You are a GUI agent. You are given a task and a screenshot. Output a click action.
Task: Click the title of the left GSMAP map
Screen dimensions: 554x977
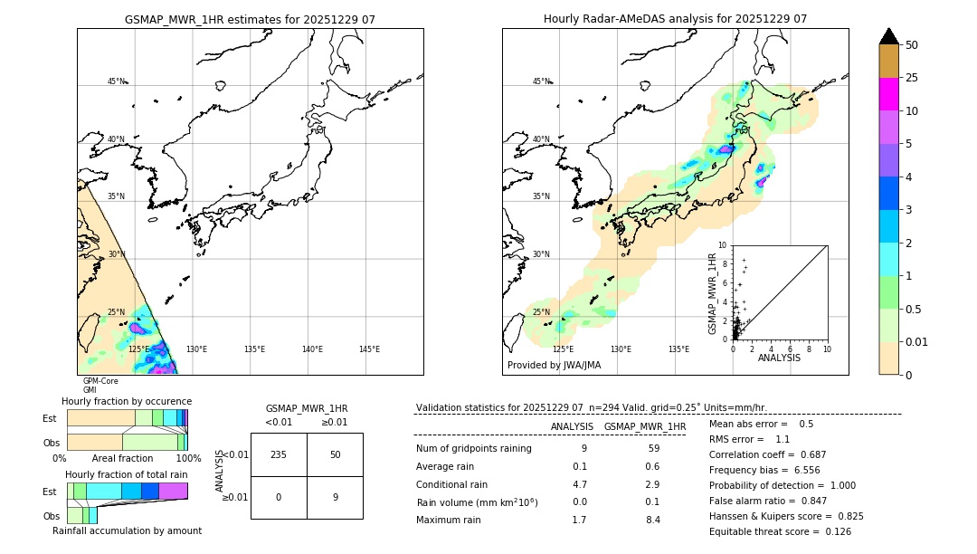(250, 19)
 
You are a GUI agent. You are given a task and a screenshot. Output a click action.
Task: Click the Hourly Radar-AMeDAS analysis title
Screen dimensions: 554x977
(675, 19)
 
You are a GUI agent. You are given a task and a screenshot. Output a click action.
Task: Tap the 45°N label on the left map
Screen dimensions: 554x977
(117, 81)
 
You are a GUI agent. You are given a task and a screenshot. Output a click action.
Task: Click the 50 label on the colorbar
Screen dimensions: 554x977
(912, 44)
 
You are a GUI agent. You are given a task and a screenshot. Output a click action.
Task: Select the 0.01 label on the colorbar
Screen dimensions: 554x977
(917, 341)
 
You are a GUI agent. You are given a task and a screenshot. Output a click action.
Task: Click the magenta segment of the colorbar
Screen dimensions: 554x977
(888, 94)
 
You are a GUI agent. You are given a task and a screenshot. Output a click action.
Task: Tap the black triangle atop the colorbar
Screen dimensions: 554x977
(888, 36)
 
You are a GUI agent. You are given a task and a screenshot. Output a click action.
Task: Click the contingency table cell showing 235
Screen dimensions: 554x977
(279, 454)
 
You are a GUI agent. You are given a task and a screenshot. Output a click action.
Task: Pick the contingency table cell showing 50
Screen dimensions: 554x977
(335, 454)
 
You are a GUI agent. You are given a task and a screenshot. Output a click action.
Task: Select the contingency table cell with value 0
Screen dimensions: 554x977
(279, 497)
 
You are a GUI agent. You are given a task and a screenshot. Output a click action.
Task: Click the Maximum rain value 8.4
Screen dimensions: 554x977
(652, 520)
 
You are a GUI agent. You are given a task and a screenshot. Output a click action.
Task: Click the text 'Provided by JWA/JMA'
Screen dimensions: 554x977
(554, 366)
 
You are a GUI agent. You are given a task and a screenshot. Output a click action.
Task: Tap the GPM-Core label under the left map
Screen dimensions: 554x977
(100, 381)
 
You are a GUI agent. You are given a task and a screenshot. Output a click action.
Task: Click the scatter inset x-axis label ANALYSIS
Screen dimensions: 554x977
(779, 358)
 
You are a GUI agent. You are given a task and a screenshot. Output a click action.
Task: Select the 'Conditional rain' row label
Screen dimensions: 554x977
(454, 484)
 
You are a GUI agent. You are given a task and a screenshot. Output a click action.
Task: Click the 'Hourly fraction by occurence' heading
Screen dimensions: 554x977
(127, 401)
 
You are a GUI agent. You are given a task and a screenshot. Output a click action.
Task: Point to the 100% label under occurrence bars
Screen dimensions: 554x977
(187, 459)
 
